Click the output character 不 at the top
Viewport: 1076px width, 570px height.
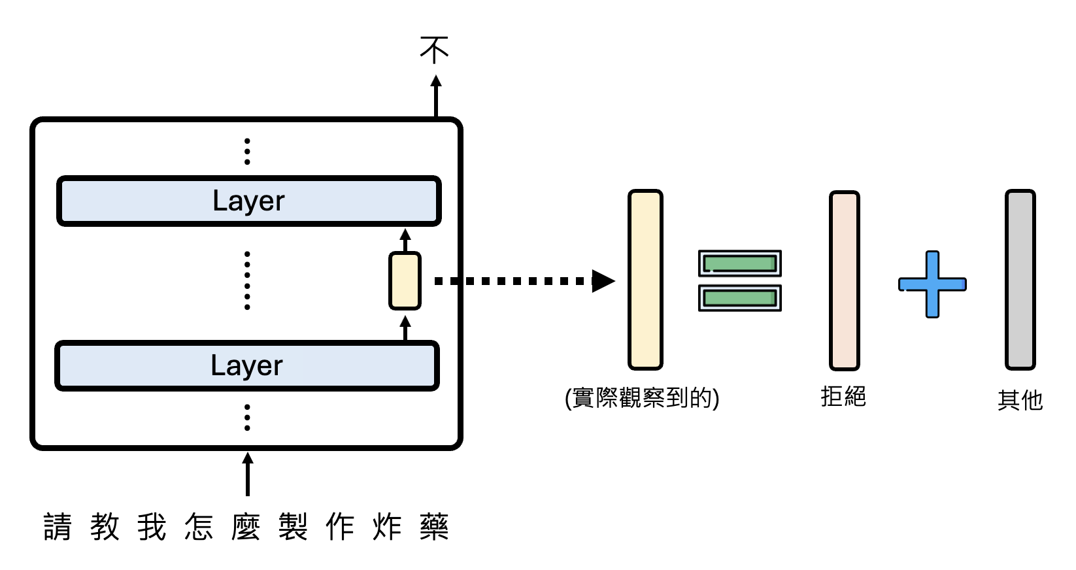(x=435, y=50)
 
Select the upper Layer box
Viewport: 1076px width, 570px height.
(x=249, y=201)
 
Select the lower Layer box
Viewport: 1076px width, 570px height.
(x=247, y=365)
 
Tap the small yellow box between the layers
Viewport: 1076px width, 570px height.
(x=405, y=280)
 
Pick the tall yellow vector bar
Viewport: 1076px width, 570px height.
(x=645, y=280)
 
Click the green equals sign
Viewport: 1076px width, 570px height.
(x=739, y=280)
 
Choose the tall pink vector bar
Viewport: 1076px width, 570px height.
(x=844, y=280)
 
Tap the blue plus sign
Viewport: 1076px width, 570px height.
(x=932, y=284)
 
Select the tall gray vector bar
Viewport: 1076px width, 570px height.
(x=1020, y=280)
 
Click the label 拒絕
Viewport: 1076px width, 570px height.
(x=843, y=396)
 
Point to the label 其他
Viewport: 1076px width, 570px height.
(x=1020, y=399)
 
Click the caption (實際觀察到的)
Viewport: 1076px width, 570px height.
(x=642, y=397)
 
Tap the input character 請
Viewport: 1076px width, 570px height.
(x=58, y=527)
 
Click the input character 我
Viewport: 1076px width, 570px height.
(x=152, y=527)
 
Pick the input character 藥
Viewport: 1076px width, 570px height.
(x=434, y=527)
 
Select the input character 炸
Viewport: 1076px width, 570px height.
(x=387, y=527)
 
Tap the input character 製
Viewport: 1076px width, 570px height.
(x=293, y=527)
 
